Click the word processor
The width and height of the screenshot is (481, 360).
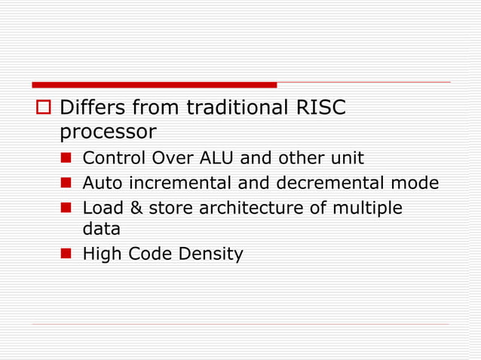coord(108,132)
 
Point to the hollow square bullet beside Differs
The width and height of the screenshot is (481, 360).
coord(42,108)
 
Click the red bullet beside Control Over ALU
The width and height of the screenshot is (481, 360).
coord(66,158)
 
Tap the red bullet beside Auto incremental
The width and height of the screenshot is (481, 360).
coord(66,183)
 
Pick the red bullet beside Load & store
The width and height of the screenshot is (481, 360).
coord(66,208)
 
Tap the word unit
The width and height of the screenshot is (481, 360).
coord(345,158)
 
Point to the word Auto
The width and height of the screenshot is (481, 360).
coord(101,183)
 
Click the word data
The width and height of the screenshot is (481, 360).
coord(101,230)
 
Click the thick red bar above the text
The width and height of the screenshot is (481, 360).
coord(154,84)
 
